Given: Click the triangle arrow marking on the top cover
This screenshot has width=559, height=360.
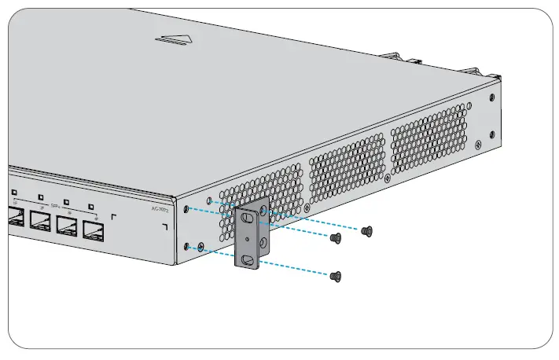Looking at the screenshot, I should click(174, 39).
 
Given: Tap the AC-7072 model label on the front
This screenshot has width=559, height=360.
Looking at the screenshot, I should click(160, 208).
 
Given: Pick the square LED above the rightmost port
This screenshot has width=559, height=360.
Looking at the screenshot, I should click(92, 207).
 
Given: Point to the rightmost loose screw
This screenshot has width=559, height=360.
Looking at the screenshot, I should click(366, 231).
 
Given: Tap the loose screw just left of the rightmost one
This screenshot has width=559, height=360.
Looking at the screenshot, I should click(336, 237).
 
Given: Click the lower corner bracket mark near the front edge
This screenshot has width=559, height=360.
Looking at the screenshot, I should click(164, 227).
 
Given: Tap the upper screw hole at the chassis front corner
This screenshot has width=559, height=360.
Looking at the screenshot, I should click(188, 208).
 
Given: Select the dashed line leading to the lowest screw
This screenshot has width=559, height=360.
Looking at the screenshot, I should click(267, 261).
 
